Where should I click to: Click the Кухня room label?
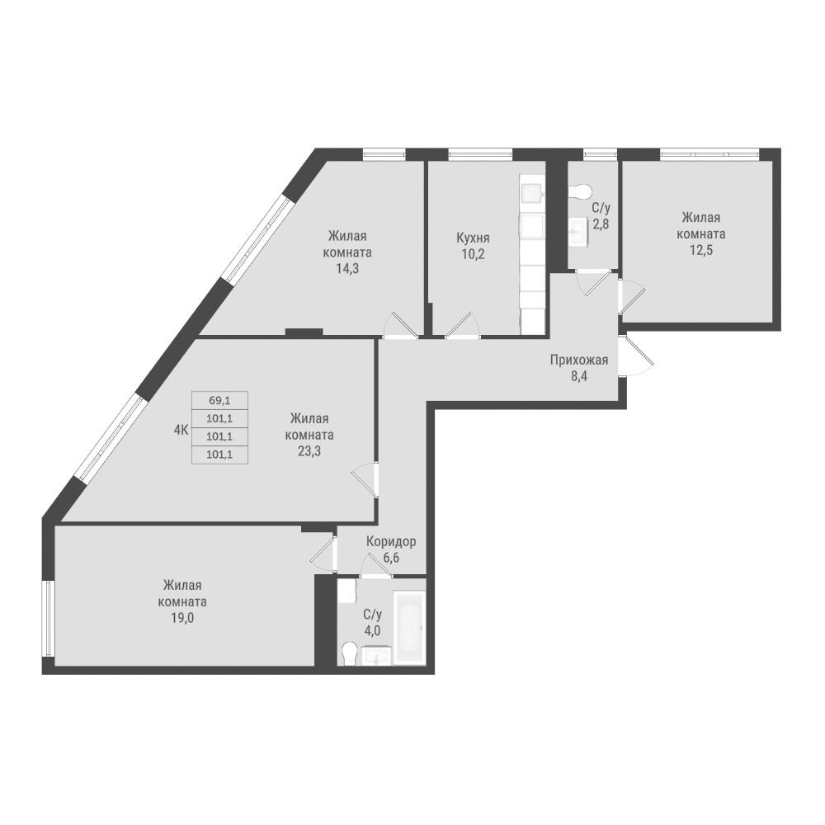pyautogui.click(x=473, y=238)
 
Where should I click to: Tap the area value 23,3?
pyautogui.click(x=309, y=451)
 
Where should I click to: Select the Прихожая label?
pyautogui.click(x=579, y=361)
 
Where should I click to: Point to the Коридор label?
pyautogui.click(x=391, y=541)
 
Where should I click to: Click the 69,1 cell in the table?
pyautogui.click(x=220, y=400)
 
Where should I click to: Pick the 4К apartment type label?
pyautogui.click(x=181, y=430)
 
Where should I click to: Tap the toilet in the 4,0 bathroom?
pyautogui.click(x=349, y=654)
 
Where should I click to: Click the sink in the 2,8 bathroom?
pyautogui.click(x=579, y=230)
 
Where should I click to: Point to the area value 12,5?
pyautogui.click(x=700, y=250)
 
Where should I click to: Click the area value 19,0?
pyautogui.click(x=182, y=618)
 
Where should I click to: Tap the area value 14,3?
pyautogui.click(x=347, y=269)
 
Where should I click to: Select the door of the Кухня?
pyautogui.click(x=462, y=324)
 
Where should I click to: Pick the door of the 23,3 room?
pyautogui.click(x=365, y=478)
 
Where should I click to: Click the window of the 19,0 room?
pyautogui.click(x=49, y=619)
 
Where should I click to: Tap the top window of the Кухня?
pyautogui.click(x=480, y=154)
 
